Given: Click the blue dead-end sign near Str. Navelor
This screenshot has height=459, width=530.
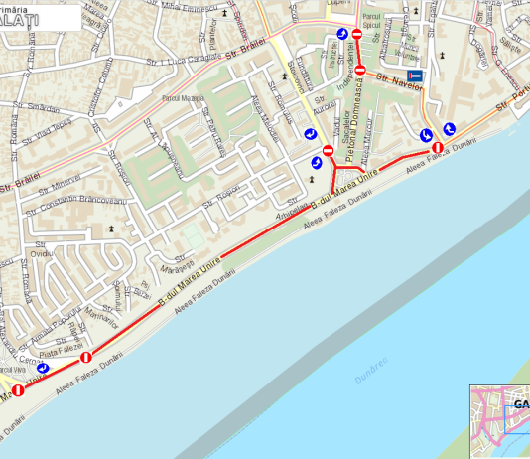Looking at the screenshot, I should pos(415,76).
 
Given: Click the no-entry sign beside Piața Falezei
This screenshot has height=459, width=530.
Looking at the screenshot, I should pos(86,357).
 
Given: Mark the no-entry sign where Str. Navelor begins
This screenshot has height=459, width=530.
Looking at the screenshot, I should pos(361,70).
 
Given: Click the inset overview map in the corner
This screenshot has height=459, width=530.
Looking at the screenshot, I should pos(499,421).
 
